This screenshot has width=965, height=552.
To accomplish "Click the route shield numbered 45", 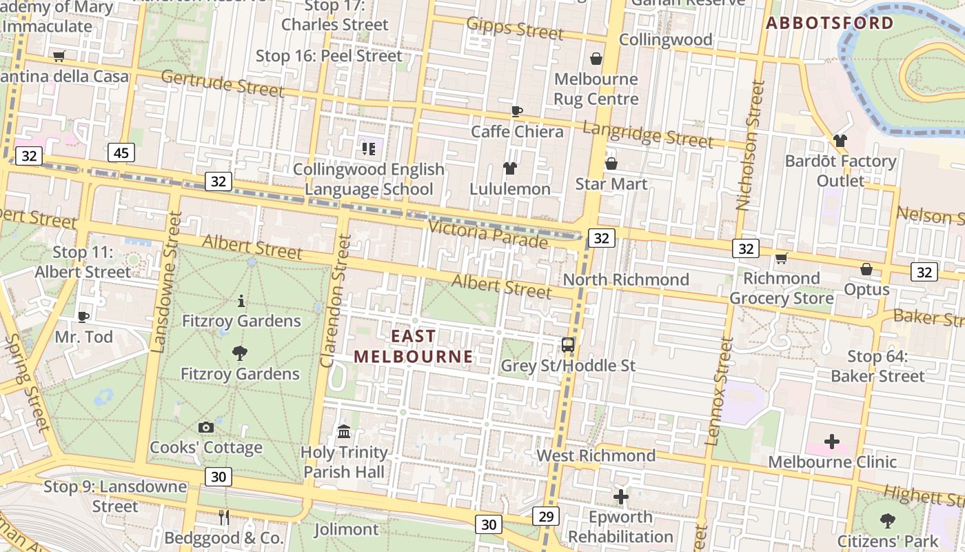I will click(121, 153).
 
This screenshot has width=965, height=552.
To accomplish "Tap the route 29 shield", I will click(546, 516).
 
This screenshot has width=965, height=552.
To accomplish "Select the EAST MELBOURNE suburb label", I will click(414, 346).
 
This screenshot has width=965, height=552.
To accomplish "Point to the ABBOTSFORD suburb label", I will click(830, 23).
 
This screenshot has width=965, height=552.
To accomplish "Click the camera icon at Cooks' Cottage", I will click(205, 428).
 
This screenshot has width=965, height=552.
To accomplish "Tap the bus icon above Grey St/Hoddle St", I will click(568, 345).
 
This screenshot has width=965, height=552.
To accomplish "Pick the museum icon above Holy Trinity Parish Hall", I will click(344, 432).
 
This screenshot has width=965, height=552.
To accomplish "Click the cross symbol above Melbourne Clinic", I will click(832, 442).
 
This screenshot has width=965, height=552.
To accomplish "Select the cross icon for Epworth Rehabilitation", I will click(621, 496).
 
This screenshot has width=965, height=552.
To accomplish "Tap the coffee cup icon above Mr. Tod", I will click(83, 317).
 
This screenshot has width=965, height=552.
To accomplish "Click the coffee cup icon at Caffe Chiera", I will click(517, 111).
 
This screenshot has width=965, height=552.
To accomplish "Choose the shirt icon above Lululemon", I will click(509, 168).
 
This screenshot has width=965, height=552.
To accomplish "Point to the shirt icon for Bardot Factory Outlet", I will click(840, 141).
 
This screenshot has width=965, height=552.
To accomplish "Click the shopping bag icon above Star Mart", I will click(611, 164).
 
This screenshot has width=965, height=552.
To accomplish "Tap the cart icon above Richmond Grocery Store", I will click(781, 259).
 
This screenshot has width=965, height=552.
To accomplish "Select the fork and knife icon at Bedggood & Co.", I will click(223, 517).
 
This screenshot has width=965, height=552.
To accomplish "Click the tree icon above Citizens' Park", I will click(888, 521).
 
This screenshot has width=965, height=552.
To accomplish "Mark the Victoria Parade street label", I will click(487, 234).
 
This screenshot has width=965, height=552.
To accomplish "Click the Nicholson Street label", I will click(751, 145).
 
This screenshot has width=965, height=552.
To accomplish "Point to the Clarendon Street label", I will click(336, 301).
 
